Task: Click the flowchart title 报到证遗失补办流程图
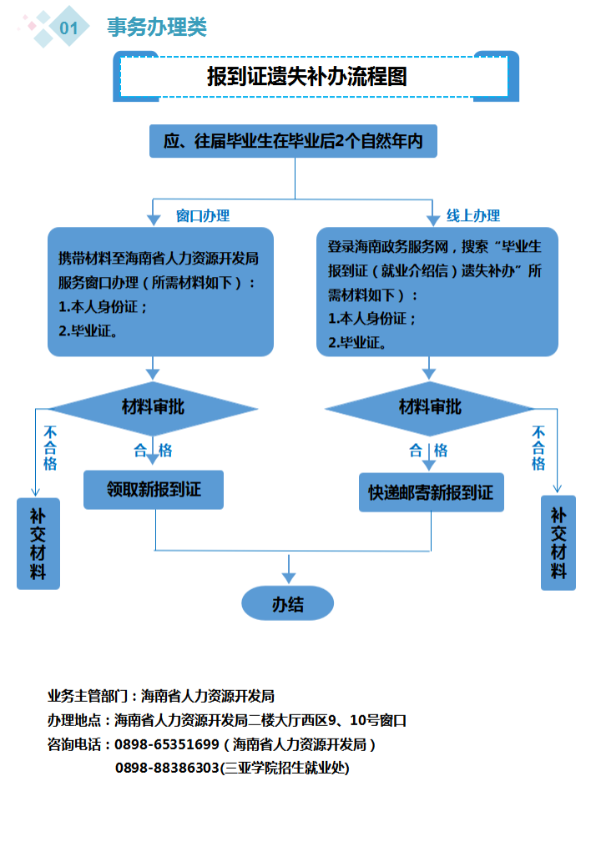point(307,77)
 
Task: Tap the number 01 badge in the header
point(68,28)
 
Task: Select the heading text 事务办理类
point(156,28)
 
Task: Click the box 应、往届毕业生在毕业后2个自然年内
point(293,142)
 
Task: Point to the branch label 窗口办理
point(203,215)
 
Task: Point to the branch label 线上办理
point(472,215)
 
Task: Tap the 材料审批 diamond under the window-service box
point(153,407)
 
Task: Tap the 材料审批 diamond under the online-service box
point(430,407)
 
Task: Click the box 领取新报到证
point(154,489)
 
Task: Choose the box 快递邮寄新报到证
point(431,492)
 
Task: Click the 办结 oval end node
point(288,604)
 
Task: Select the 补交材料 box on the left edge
point(38,543)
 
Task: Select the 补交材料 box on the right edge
point(558,543)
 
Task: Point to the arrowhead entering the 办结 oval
point(289,577)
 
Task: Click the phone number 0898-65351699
point(167,744)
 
